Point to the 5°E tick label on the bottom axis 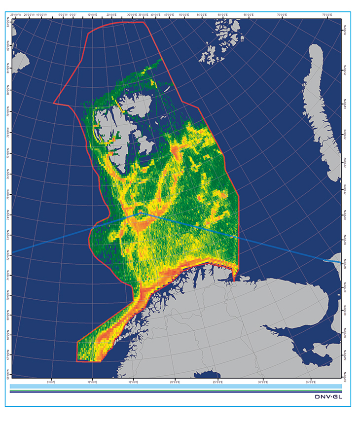point(50,381)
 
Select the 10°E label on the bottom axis point(92,381)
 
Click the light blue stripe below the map point(175,386)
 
